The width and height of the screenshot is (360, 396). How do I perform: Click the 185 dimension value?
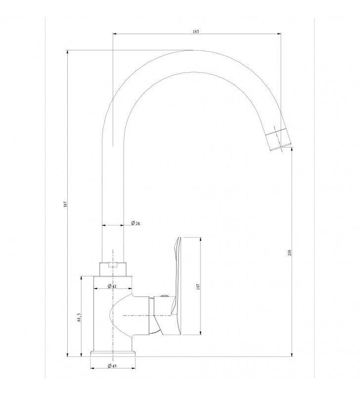196,31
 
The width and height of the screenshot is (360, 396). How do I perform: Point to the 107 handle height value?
197,286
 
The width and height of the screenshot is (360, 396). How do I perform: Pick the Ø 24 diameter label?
135,223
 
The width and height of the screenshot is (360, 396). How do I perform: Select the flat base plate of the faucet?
113,353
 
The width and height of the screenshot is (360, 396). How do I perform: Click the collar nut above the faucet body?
113,268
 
